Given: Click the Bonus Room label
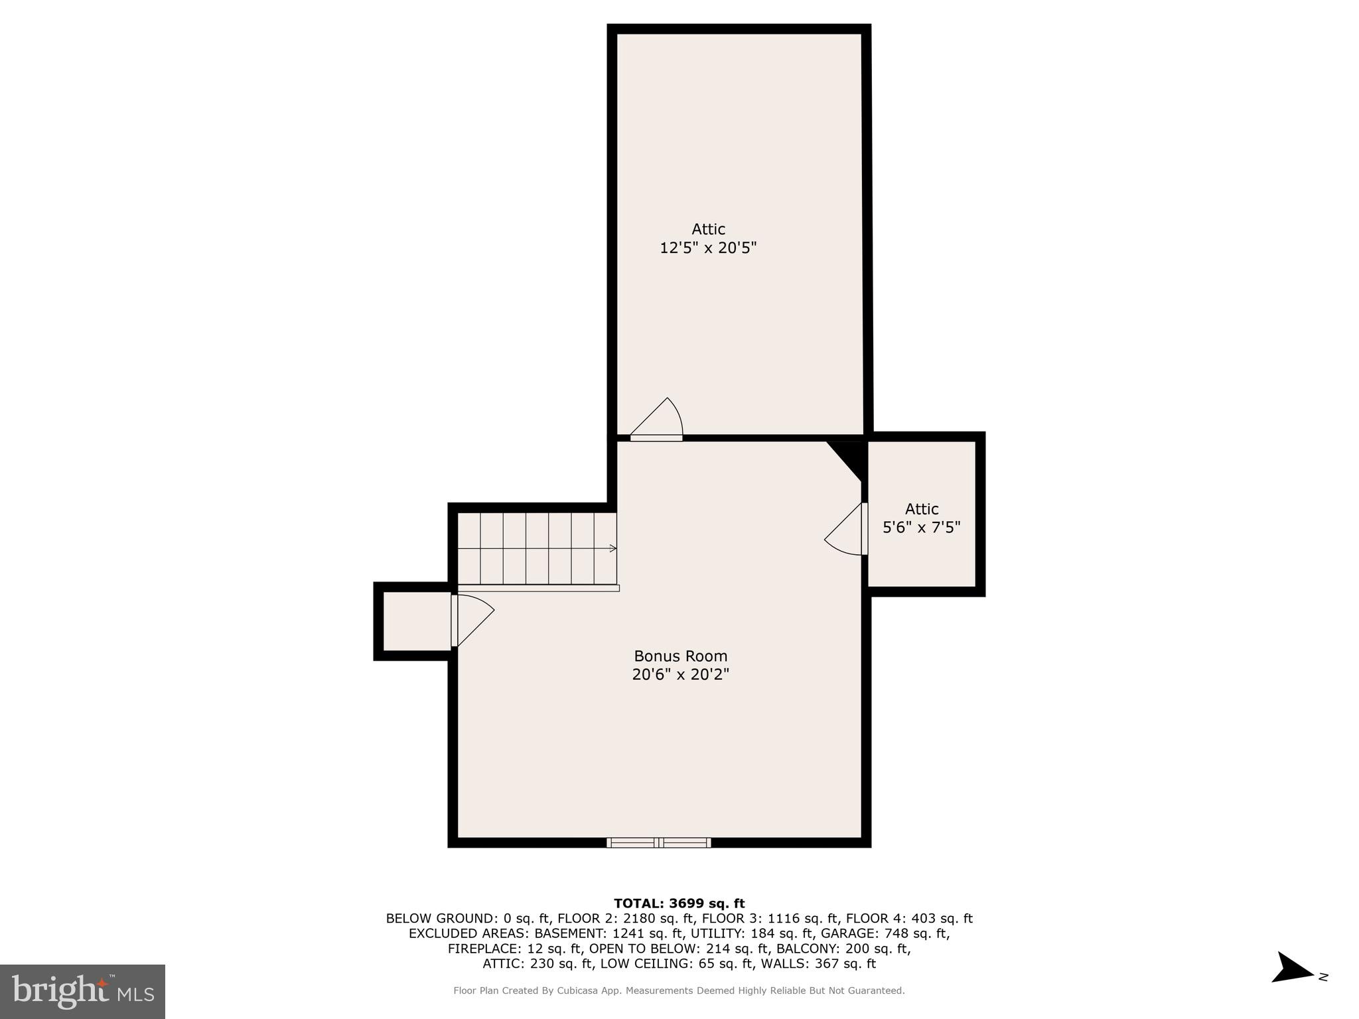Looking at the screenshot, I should click(680, 656).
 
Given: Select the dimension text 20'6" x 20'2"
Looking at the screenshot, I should click(680, 674).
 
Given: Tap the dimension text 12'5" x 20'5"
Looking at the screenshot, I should click(707, 248).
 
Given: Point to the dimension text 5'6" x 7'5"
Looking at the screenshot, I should click(921, 527).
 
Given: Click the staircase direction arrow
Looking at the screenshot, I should click(612, 548).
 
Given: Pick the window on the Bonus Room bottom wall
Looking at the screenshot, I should click(658, 842).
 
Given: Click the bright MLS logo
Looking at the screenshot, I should click(82, 991).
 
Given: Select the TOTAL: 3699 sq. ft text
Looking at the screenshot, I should click(679, 903).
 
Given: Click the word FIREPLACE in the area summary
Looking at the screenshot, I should click(484, 949).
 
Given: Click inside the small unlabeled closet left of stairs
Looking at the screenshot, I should click(417, 621).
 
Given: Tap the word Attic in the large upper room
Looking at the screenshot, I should click(708, 229).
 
